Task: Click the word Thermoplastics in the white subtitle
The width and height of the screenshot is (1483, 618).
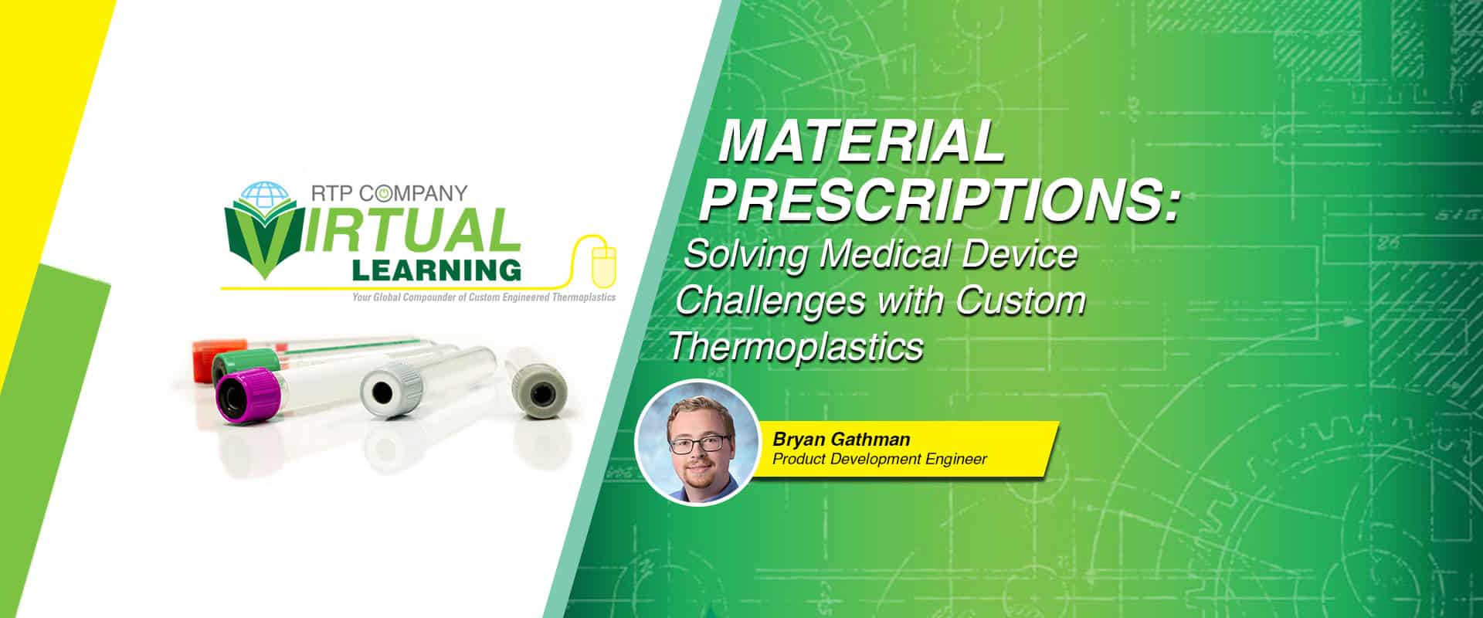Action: pos(796,346)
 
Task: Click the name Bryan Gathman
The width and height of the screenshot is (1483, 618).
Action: pos(841,440)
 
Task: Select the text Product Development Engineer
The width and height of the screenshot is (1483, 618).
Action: pos(880,459)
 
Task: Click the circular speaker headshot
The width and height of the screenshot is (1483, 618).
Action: pos(697,443)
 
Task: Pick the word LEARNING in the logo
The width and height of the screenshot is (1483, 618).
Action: pos(436,270)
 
